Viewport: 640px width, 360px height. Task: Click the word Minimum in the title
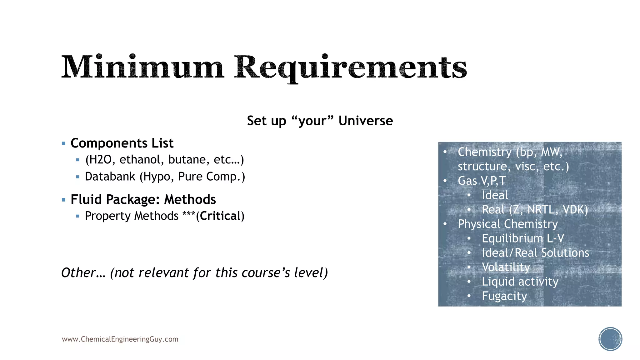(142, 67)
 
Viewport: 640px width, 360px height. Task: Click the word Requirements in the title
(350, 67)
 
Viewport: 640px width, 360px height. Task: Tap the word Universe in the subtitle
(366, 121)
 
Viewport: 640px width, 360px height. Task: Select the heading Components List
(122, 143)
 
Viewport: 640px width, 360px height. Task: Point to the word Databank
(110, 177)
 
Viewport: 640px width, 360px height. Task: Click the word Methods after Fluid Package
(190, 200)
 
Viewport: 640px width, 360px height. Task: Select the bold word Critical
(220, 216)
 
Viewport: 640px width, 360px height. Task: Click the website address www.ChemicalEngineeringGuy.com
(120, 339)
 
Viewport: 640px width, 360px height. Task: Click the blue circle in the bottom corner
(610, 339)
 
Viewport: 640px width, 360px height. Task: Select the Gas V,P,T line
(482, 181)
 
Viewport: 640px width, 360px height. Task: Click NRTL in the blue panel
(540, 210)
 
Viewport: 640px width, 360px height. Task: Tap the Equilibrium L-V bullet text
(523, 238)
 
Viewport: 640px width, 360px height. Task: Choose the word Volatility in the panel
(506, 267)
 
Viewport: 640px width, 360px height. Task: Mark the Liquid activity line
(520, 282)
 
